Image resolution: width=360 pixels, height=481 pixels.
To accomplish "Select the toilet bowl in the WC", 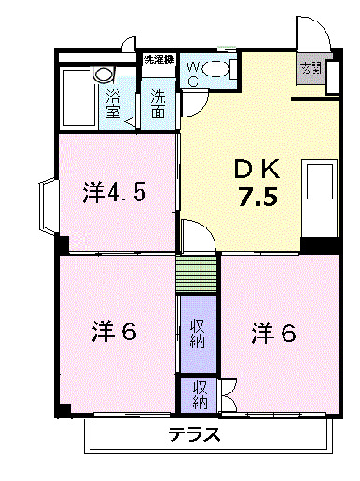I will pos(216,68).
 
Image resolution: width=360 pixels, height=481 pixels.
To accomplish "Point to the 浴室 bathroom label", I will pos(114,103).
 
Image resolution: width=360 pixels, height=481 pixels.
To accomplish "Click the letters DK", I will pos(256,170).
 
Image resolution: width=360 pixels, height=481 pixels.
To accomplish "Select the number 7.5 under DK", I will pos(256,199).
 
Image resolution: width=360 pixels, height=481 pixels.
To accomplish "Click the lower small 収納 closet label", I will pos(200,395).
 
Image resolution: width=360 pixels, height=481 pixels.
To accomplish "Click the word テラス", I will pos(194,433).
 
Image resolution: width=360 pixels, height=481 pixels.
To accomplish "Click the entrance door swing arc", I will pos(312,31).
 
